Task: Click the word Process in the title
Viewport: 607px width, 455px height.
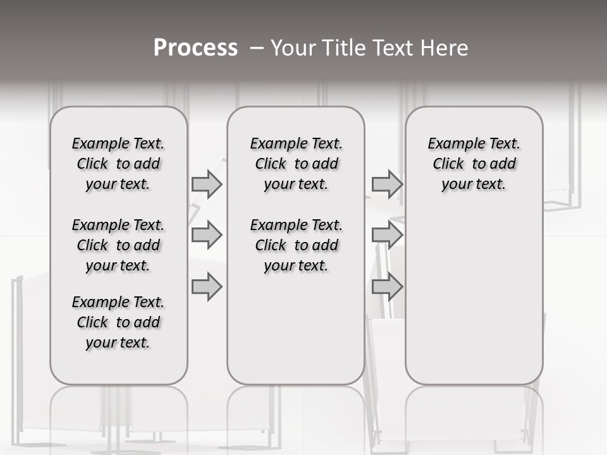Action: [195, 48]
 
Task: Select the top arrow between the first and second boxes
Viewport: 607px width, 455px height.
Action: [207, 184]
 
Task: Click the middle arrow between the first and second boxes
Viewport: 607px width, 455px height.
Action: [207, 235]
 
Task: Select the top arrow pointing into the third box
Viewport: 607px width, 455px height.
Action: [387, 184]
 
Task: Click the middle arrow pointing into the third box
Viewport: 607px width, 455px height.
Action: [387, 235]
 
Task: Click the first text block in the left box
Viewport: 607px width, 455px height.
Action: [118, 164]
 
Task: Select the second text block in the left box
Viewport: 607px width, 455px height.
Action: [118, 245]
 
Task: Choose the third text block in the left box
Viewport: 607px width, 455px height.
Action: [118, 322]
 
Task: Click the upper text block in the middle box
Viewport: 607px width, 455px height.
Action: [296, 164]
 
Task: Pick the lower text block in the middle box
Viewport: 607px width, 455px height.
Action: [296, 245]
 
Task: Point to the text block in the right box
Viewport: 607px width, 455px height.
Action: [474, 164]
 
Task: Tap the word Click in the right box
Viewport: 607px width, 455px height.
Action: [448, 164]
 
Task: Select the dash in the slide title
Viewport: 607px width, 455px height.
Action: [256, 48]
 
